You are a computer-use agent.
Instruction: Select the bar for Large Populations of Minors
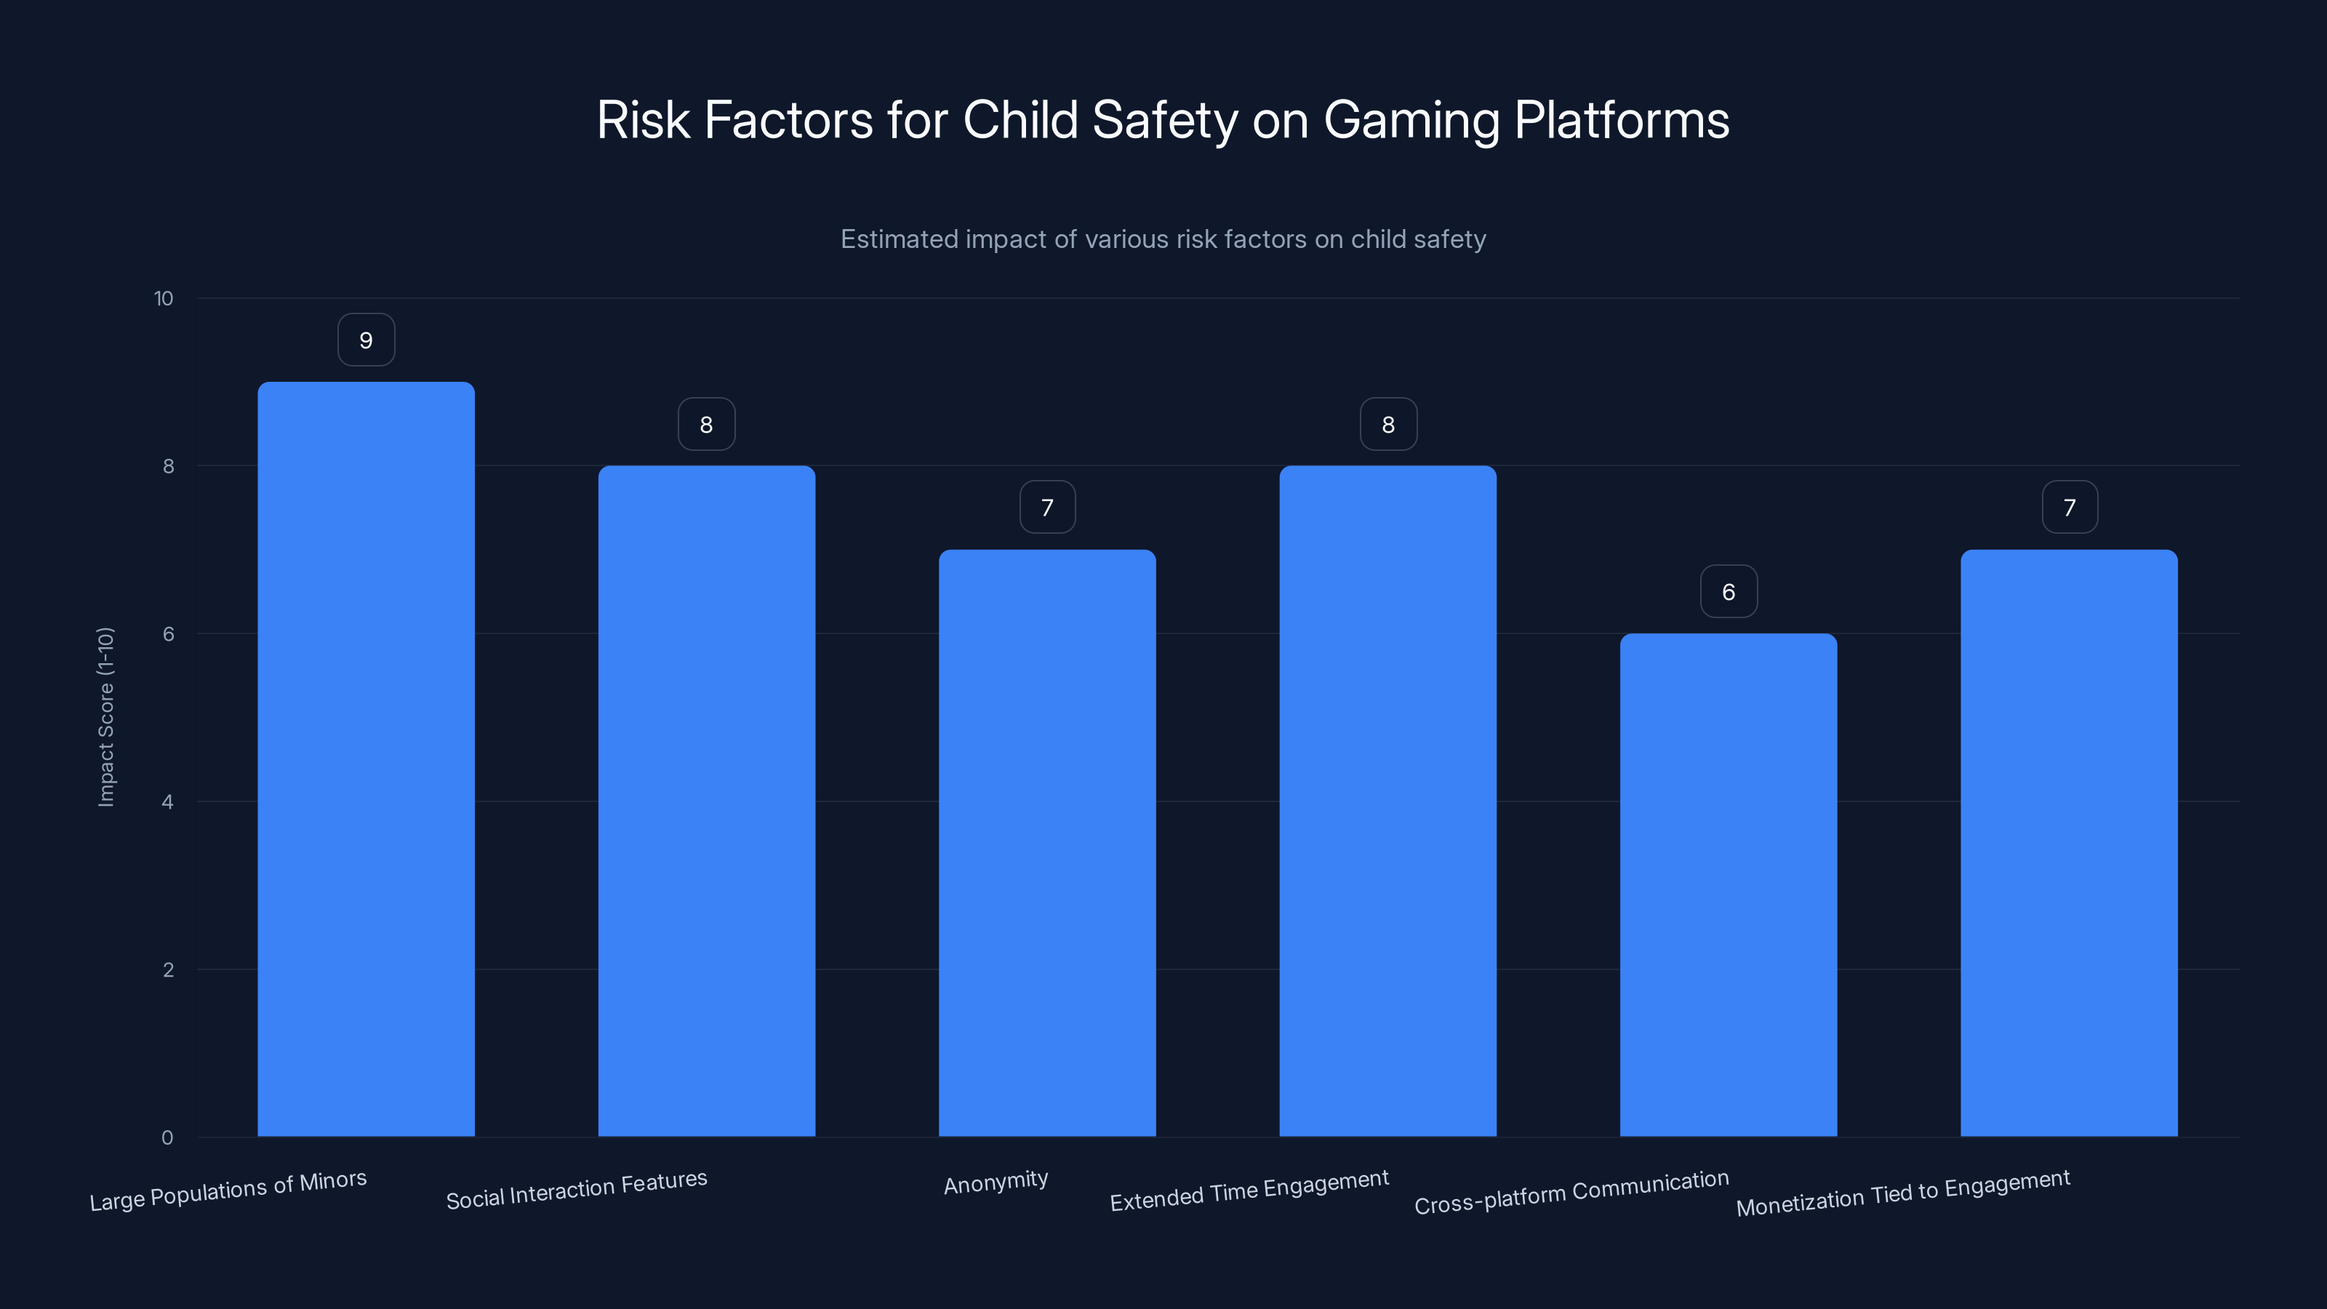click(366, 758)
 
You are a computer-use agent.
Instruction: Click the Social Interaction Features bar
click(706, 801)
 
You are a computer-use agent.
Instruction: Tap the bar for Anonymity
click(1047, 842)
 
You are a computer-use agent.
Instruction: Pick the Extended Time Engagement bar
click(1387, 801)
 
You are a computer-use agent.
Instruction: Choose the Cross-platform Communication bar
click(1728, 884)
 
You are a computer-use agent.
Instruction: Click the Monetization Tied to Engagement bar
click(2069, 842)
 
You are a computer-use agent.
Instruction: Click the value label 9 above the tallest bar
click(366, 340)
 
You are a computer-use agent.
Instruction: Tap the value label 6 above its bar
click(1728, 592)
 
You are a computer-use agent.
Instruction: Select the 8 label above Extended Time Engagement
click(1388, 425)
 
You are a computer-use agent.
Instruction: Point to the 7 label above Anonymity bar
click(1047, 508)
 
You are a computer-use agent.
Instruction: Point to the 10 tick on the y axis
click(164, 298)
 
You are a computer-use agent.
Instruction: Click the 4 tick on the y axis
click(167, 802)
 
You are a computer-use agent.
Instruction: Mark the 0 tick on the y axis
click(167, 1137)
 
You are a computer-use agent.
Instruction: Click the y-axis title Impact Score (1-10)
click(105, 716)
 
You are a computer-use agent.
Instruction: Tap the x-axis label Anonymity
click(996, 1182)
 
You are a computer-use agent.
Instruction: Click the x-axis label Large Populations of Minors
click(228, 1190)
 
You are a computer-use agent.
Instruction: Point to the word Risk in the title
click(642, 120)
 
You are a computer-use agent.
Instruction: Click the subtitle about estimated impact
click(1163, 239)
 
